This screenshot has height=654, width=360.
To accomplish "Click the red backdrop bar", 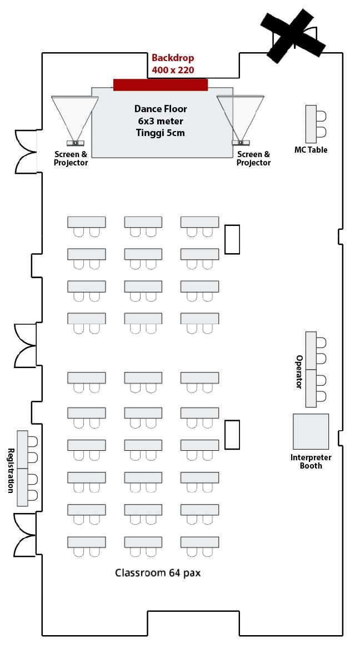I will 160,84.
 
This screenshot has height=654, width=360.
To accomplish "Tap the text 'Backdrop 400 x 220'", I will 173,64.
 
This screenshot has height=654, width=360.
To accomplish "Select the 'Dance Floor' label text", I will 161,109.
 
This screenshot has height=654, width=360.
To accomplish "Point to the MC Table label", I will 311,150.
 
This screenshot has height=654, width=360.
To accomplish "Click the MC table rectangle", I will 311,124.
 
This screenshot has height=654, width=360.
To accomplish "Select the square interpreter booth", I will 311,431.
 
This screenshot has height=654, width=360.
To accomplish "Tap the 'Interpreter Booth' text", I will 311,461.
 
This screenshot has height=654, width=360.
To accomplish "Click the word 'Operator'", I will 299,372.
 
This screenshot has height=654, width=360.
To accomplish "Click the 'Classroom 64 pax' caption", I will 157,572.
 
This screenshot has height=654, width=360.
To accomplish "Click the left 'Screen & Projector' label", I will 71,158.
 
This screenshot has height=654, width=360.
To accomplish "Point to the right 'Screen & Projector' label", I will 253,158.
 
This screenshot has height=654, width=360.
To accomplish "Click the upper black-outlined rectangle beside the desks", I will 232,239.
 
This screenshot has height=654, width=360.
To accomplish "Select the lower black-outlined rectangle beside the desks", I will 232,435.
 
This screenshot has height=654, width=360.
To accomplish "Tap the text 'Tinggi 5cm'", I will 160,133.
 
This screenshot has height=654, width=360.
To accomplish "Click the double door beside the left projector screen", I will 26,151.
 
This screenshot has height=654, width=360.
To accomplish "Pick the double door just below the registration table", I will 24,534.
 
